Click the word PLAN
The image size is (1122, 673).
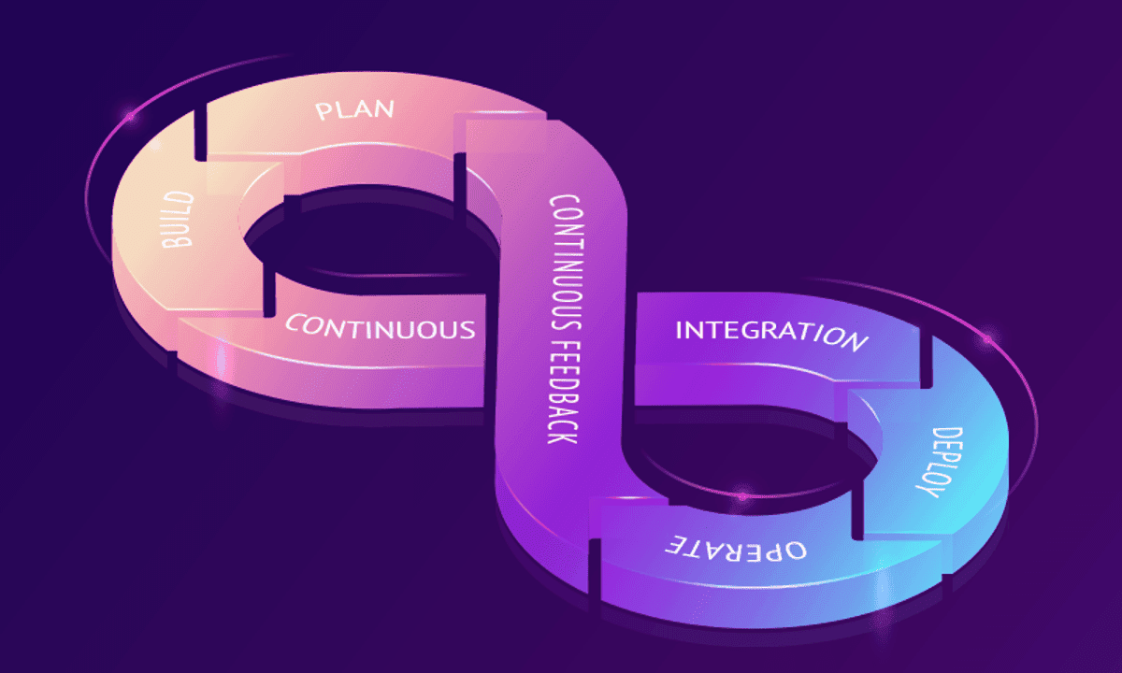click(355, 109)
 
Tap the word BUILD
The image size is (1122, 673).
click(178, 220)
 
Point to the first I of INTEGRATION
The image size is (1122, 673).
click(681, 329)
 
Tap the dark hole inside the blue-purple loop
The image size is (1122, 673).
click(748, 449)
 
